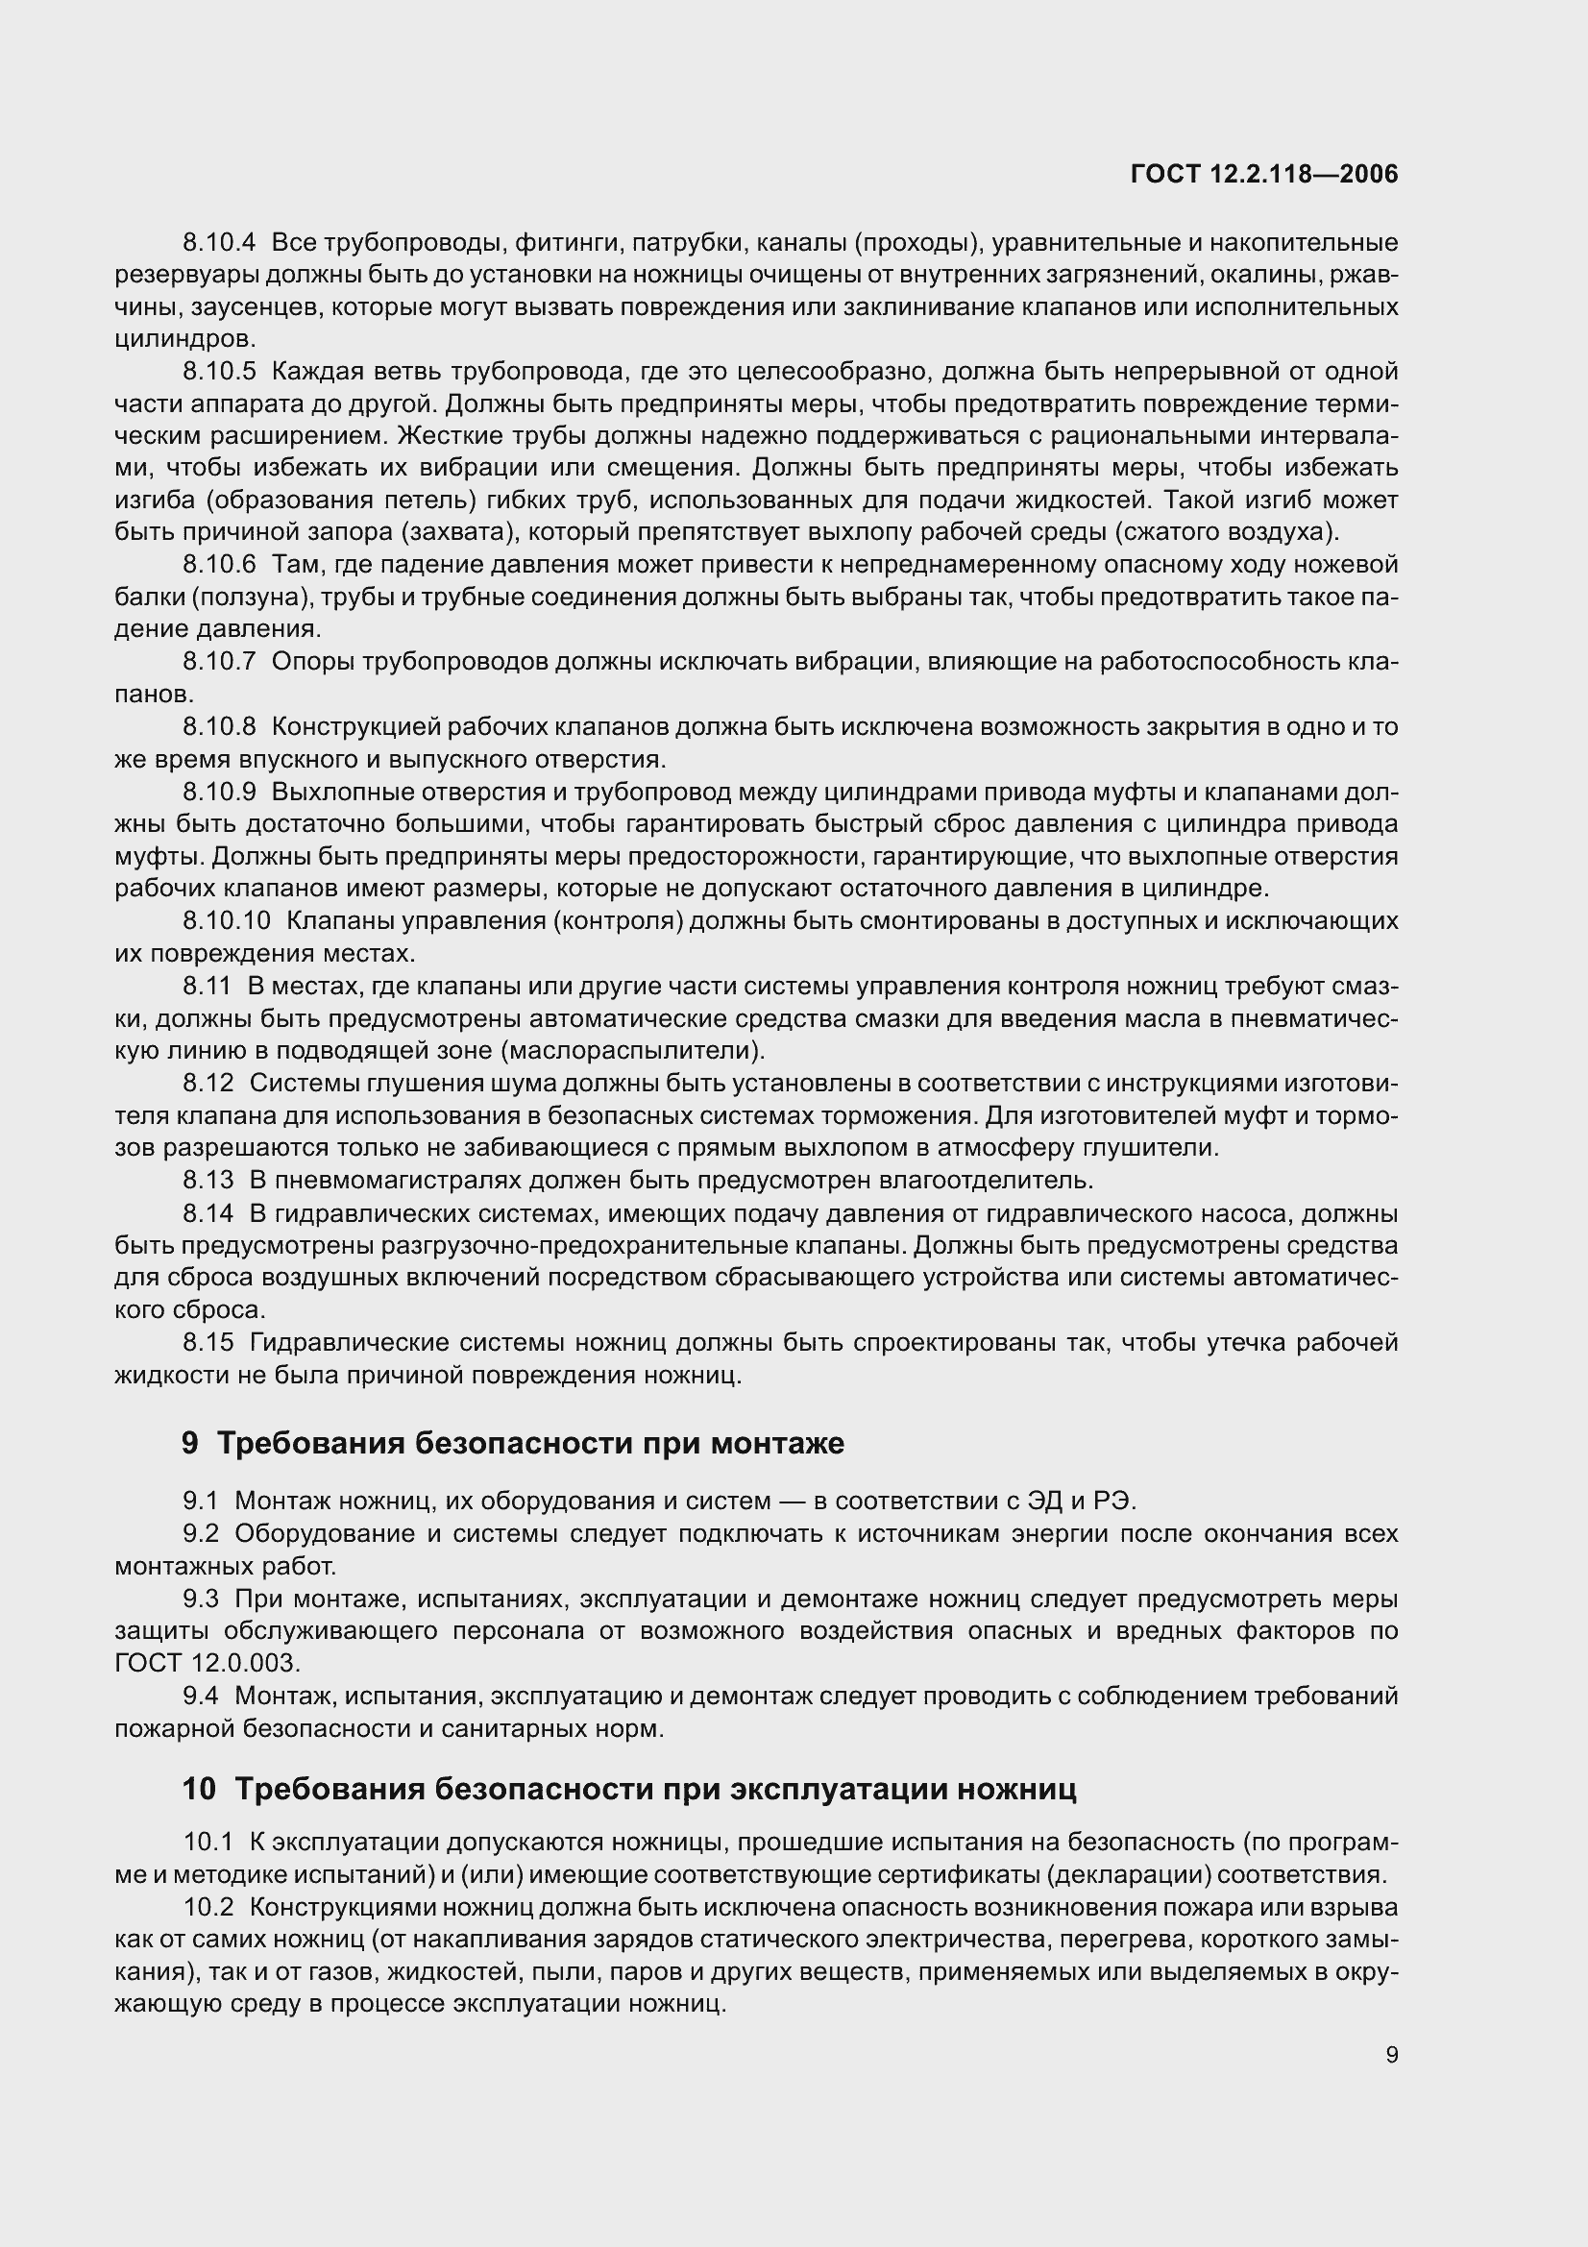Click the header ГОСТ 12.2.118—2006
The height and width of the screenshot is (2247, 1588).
(1264, 174)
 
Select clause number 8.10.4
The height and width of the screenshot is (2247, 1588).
(218, 243)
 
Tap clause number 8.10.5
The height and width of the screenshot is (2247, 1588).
(218, 372)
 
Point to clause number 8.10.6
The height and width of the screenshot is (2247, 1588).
(218, 565)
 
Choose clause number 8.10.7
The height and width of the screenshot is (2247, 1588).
(218, 662)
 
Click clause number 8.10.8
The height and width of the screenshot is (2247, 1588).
(218, 726)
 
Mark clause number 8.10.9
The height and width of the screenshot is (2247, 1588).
(218, 791)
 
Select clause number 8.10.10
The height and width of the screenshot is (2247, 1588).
(226, 921)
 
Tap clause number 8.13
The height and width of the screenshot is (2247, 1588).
(208, 1181)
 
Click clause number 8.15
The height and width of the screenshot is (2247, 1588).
(208, 1342)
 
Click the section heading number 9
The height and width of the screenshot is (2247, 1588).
(190, 1444)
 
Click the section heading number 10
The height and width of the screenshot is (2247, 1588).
(199, 1789)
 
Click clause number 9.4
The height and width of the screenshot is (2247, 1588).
(201, 1696)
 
